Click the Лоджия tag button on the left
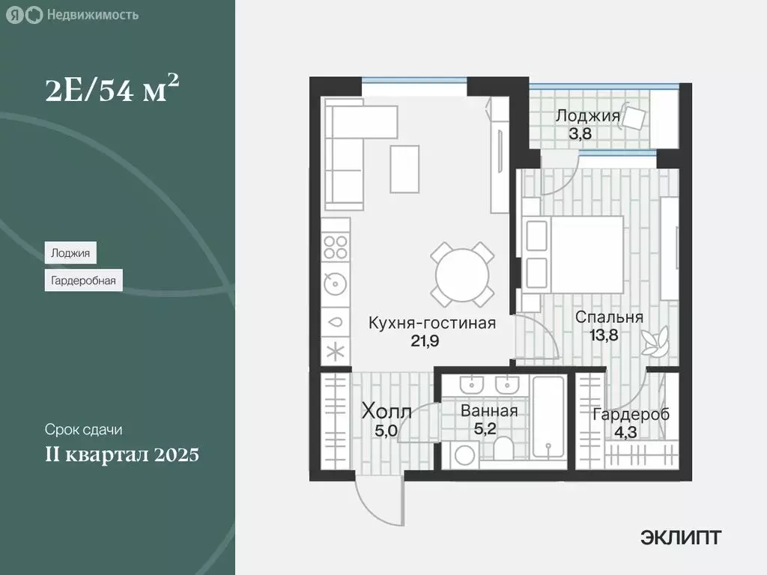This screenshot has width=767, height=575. tap(70, 253)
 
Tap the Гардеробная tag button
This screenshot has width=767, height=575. tap(83, 282)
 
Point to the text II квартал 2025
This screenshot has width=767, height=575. tap(121, 454)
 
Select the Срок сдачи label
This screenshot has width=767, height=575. tap(83, 431)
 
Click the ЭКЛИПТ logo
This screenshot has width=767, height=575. tap(681, 537)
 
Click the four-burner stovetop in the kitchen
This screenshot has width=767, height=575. tap(336, 248)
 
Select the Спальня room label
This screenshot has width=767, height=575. tap(609, 317)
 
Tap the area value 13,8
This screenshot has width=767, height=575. tap(608, 334)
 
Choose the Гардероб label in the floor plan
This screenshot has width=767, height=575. tap(630, 415)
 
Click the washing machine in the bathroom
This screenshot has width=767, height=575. tap(466, 454)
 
